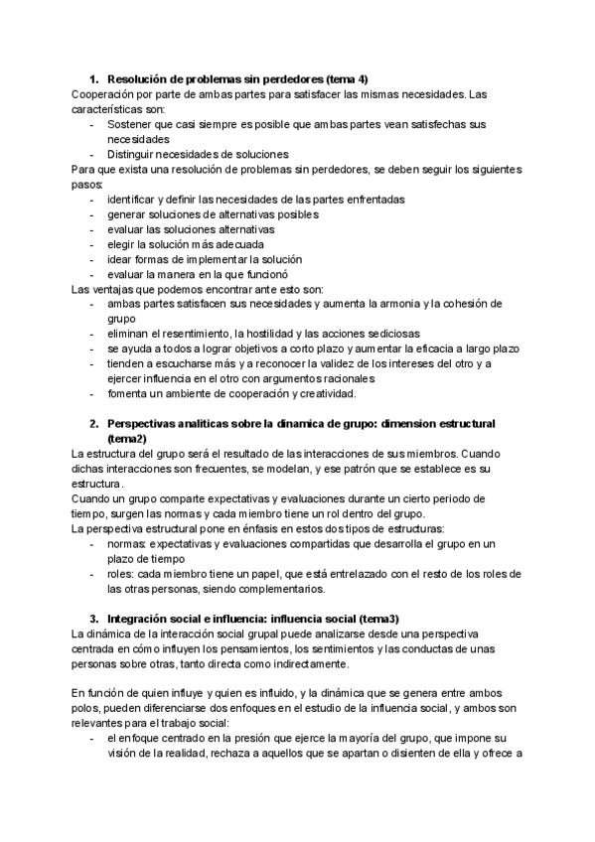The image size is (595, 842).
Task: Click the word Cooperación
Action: point(104,93)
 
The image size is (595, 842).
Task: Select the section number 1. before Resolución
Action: point(94,78)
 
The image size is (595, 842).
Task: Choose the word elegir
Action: point(123,243)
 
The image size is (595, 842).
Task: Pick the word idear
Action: point(121,258)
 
